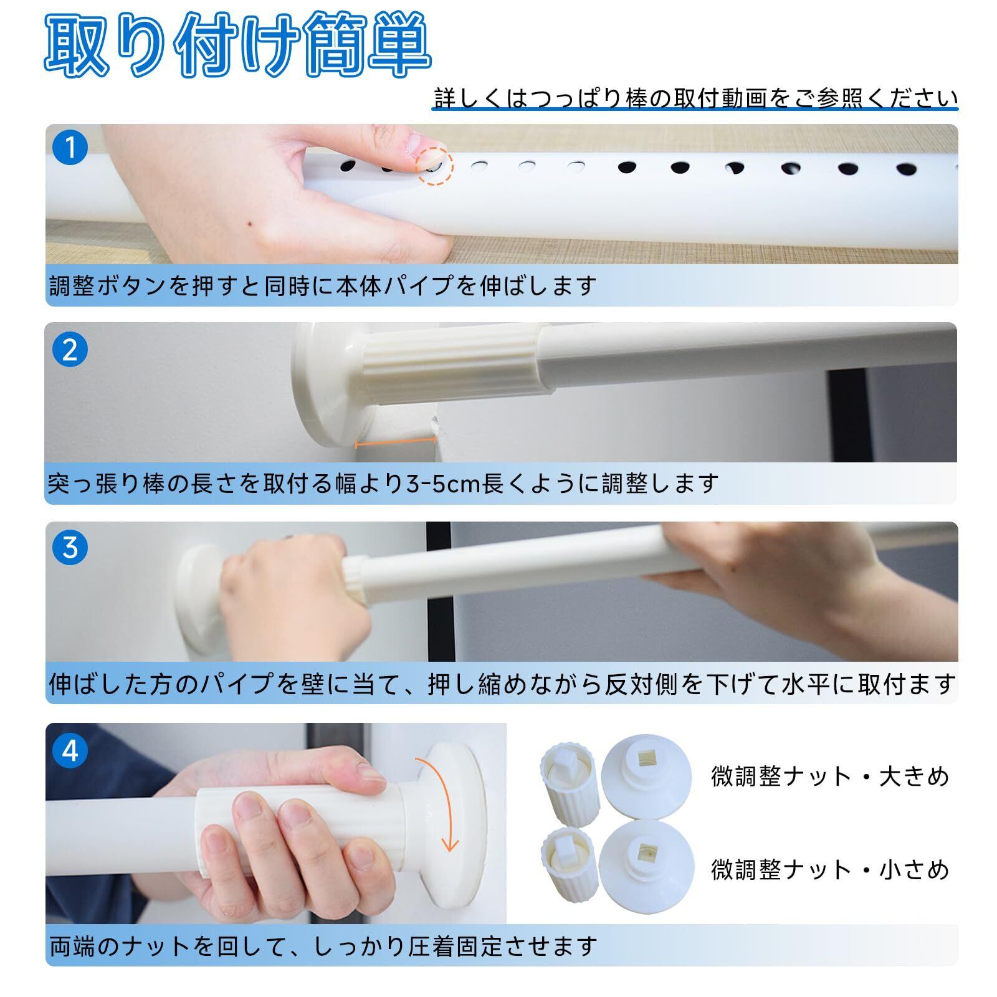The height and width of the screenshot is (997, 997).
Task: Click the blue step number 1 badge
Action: coord(70,148)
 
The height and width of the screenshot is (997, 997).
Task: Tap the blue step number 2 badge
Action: coord(70,350)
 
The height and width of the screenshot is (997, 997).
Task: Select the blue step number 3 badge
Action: coord(70,548)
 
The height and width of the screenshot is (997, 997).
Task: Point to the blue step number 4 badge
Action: coord(70,751)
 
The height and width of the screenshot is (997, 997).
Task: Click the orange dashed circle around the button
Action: coord(434,166)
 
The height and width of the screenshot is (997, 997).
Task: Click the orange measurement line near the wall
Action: coord(395,442)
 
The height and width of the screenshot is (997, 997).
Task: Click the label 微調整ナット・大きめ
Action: coord(830,776)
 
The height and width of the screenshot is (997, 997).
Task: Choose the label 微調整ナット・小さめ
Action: coord(830,869)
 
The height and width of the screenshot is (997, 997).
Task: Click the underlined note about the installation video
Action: coord(695,98)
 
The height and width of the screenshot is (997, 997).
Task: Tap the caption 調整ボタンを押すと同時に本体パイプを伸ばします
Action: coord(323,285)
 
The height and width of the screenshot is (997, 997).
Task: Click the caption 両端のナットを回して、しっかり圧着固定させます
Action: coord(323,946)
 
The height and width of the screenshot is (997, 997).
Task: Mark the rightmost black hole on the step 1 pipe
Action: coord(906,169)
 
